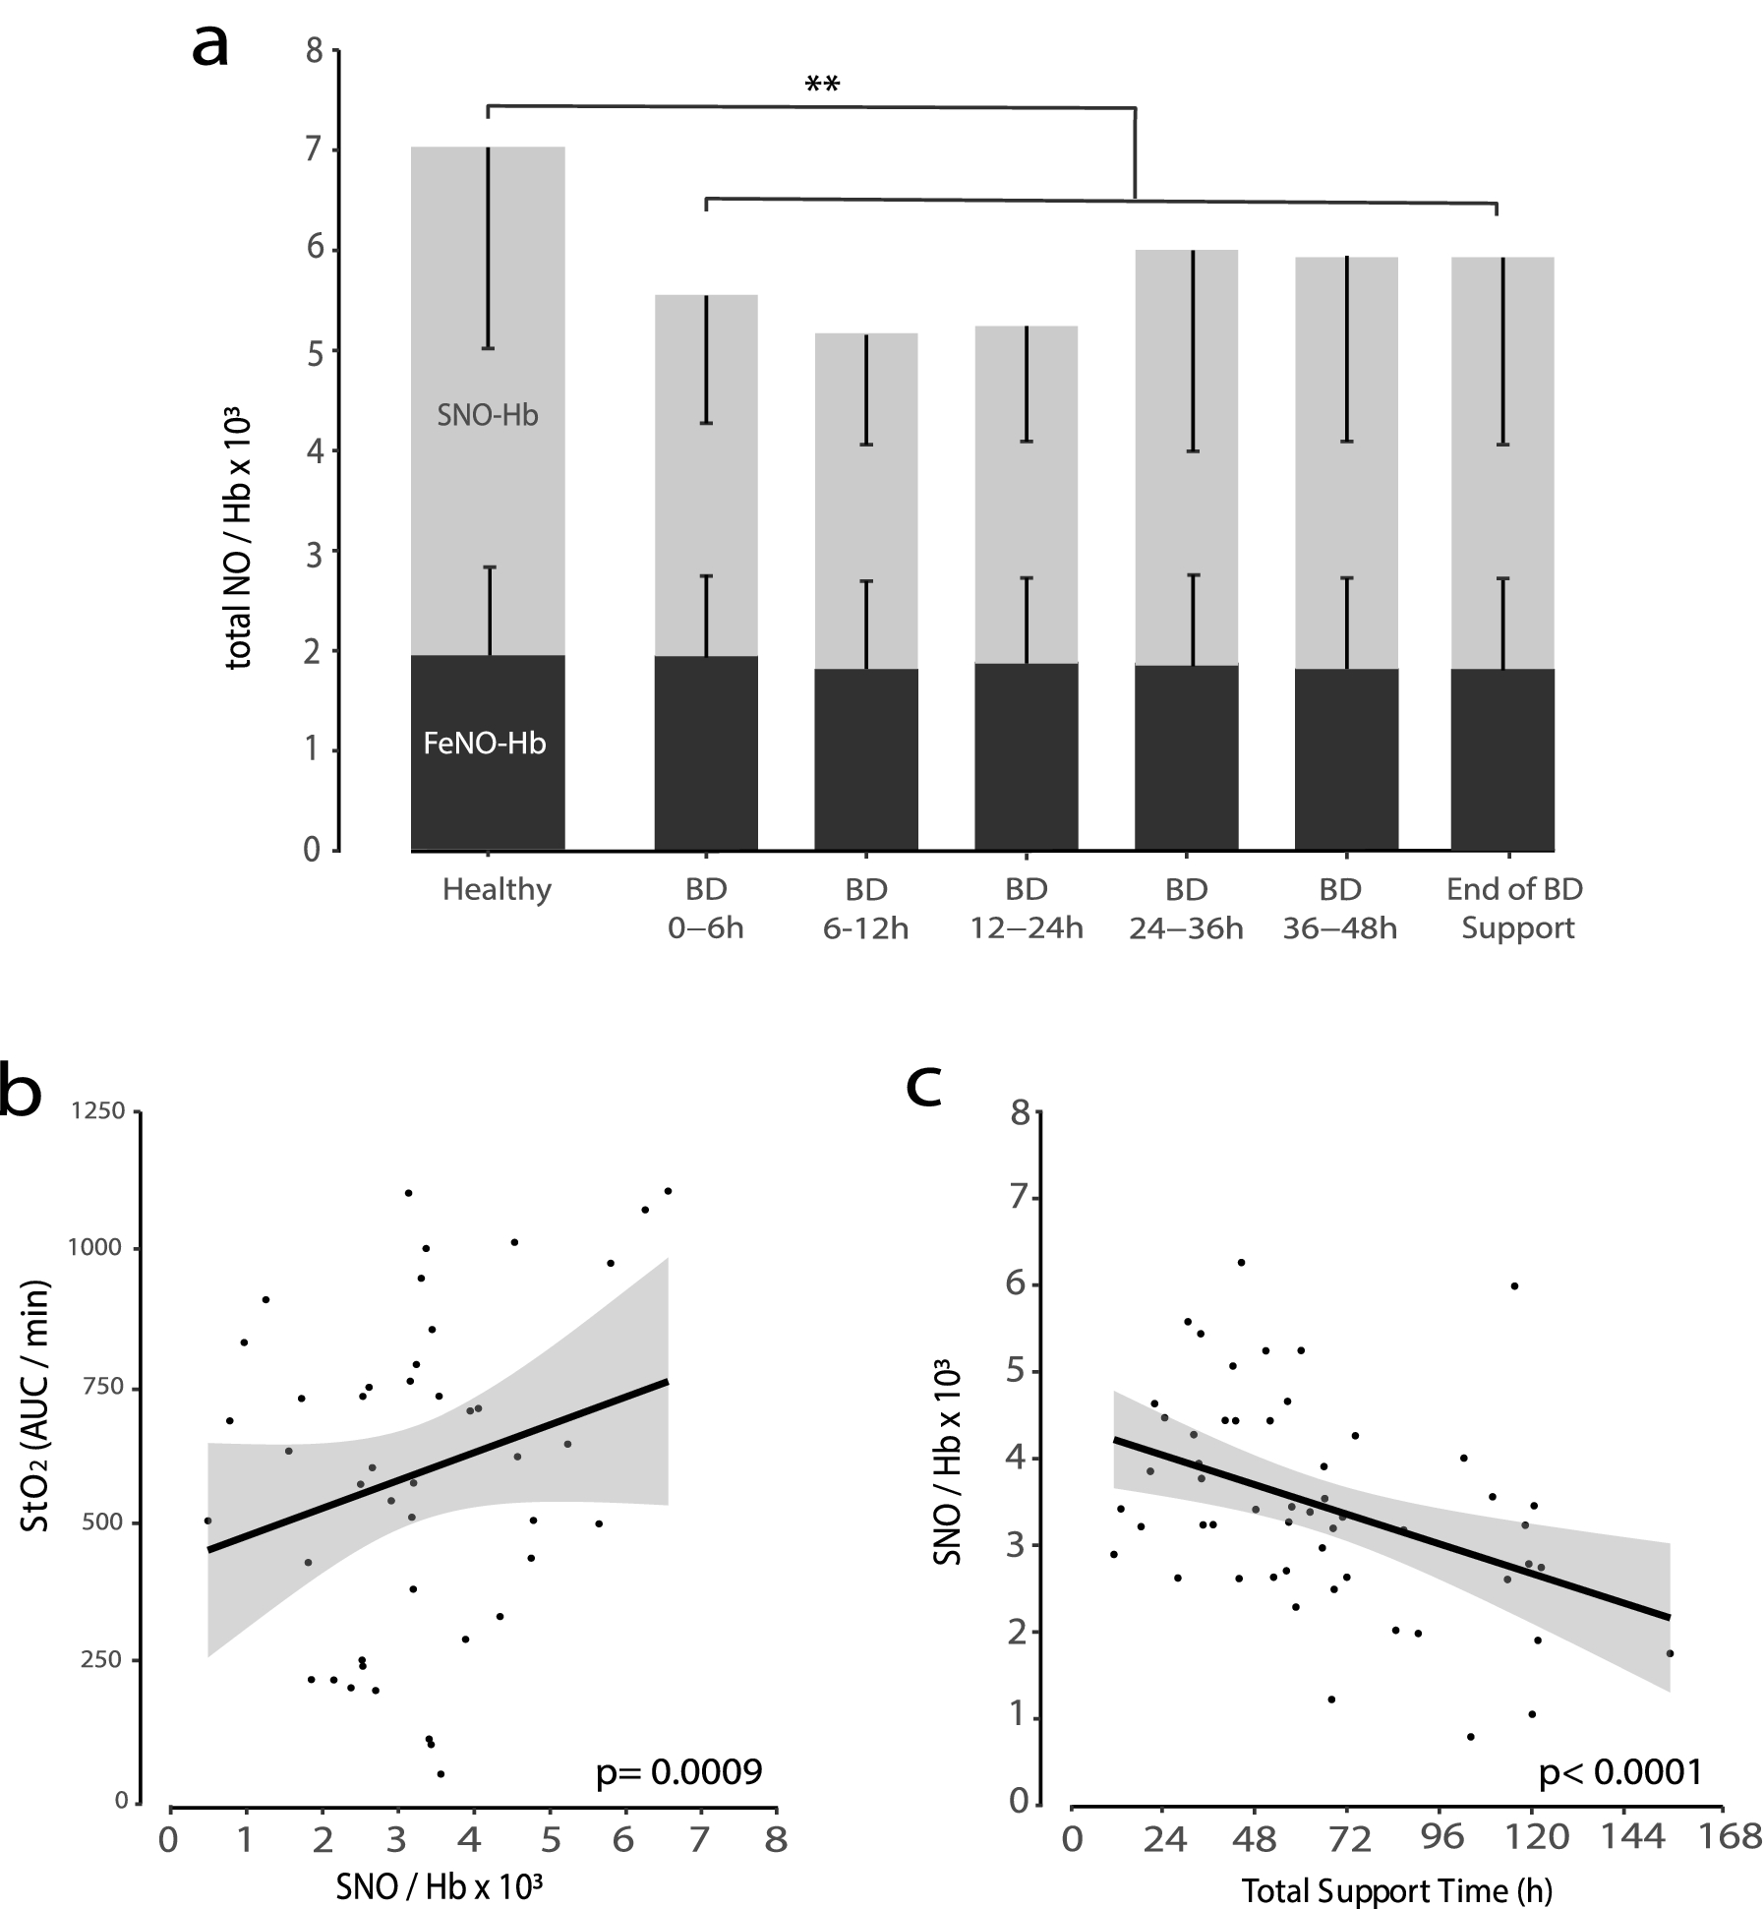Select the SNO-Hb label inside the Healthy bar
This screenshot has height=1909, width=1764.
click(488, 416)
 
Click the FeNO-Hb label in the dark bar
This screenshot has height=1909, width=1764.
click(485, 744)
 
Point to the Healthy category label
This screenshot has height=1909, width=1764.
click(497, 890)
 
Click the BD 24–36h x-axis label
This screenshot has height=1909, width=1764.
click(1186, 909)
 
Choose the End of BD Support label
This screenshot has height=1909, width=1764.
click(1515, 909)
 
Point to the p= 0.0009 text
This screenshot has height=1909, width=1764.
click(679, 1772)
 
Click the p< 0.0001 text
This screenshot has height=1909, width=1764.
click(1619, 1772)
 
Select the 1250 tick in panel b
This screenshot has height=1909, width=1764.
click(96, 1111)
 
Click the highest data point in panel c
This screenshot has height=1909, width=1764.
click(1241, 1262)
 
